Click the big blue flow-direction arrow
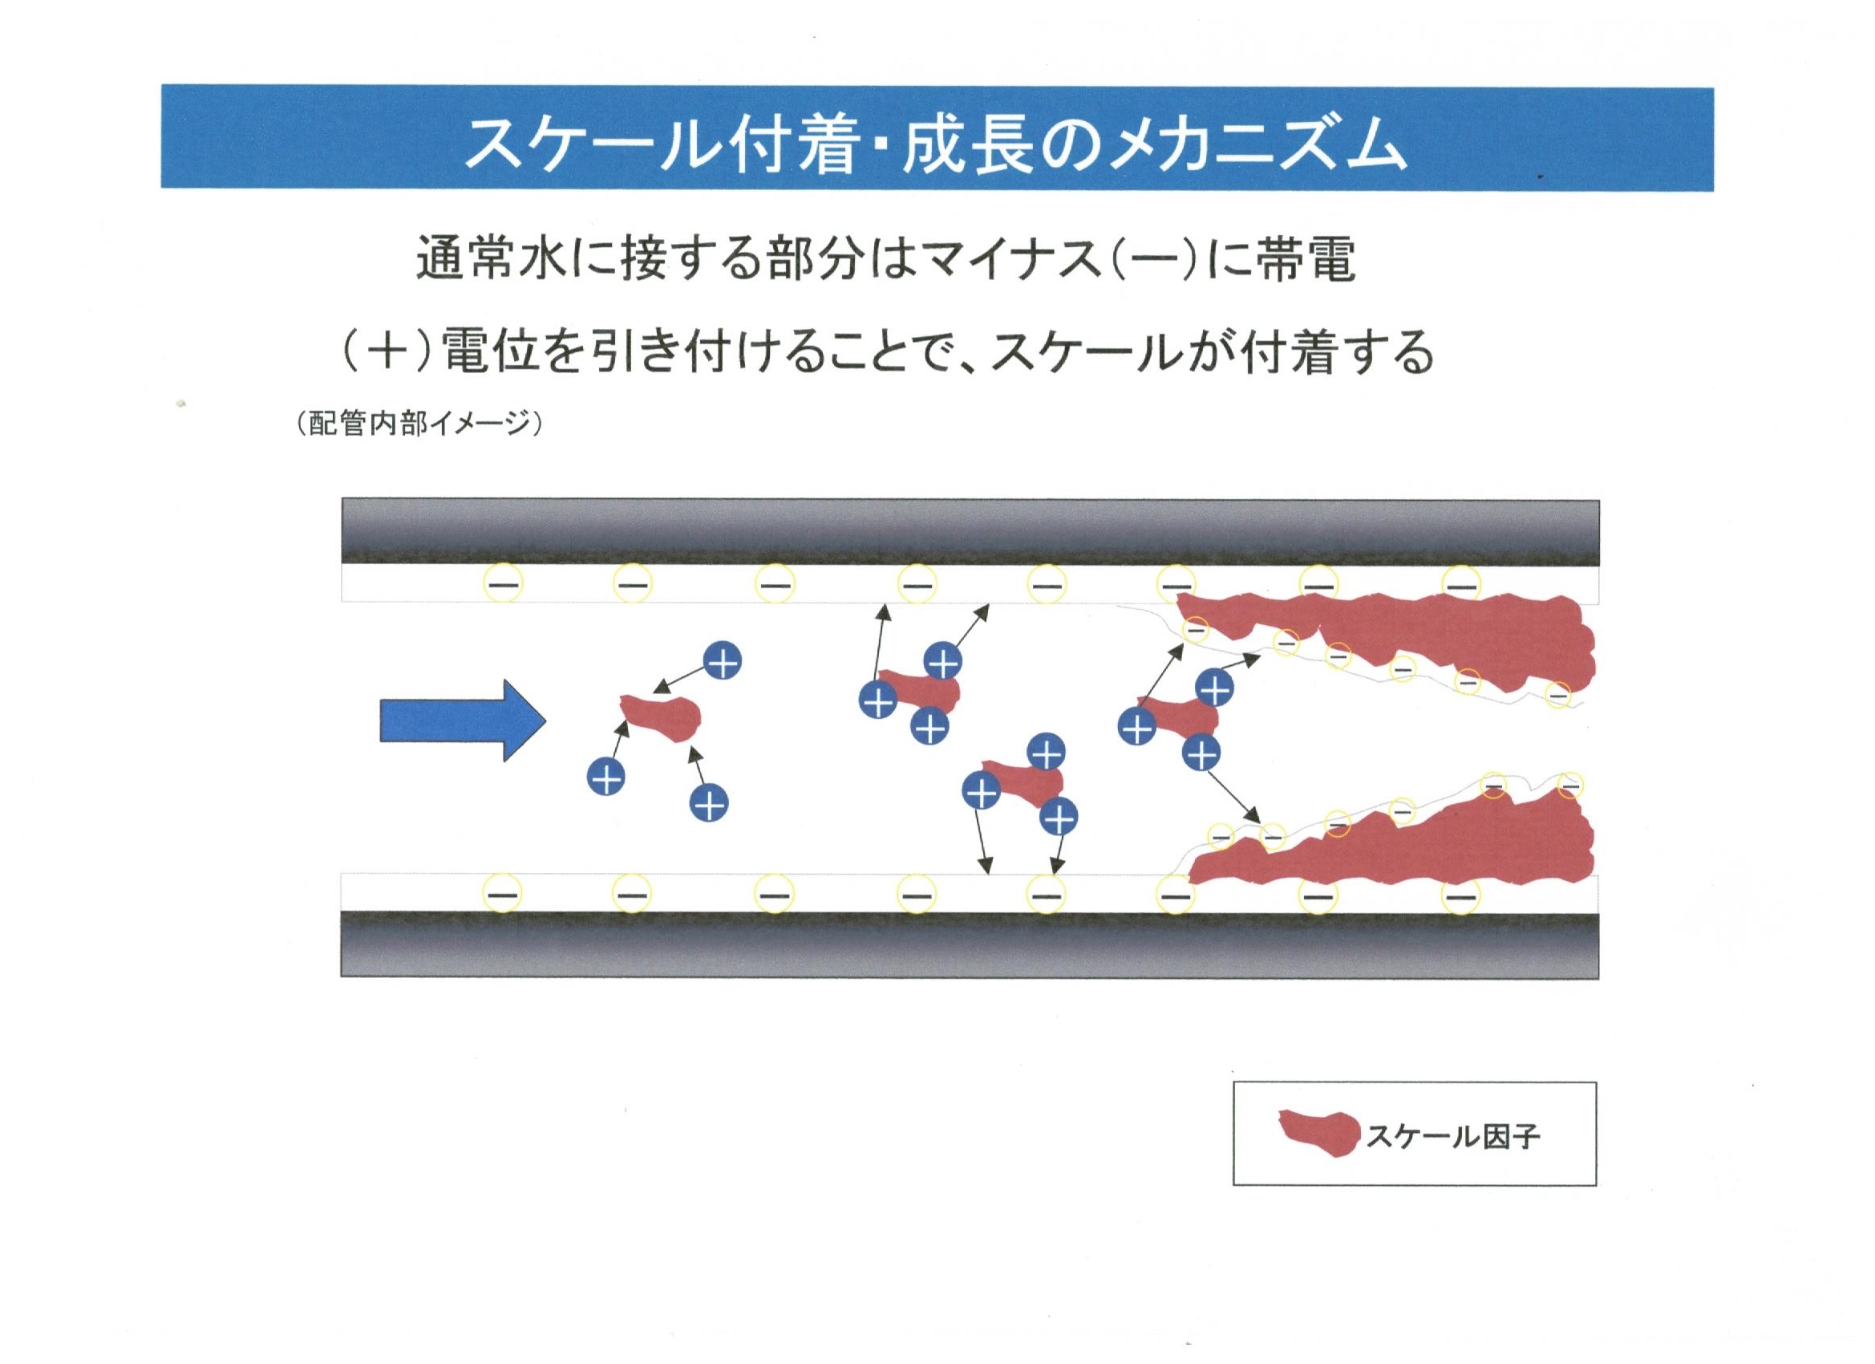coord(463,721)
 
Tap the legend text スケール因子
coord(1452,1136)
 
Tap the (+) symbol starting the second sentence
coord(383,351)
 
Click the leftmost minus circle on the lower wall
coord(504,894)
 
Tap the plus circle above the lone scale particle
coord(723,661)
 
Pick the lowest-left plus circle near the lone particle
coord(606,777)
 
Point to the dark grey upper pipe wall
coord(970,534)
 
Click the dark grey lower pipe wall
coord(970,944)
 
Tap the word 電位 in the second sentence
coord(492,351)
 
